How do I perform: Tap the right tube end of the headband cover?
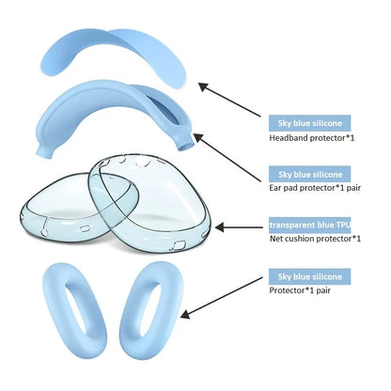tap(187, 143)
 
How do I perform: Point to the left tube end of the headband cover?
tap(44, 151)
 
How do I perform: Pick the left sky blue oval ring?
tap(54, 313)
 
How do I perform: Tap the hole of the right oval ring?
tap(150, 309)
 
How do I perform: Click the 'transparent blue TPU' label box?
tap(309, 225)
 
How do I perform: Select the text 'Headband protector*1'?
tap(312, 138)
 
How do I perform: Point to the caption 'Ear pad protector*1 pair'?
tap(315, 188)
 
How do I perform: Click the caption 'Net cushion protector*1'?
tap(315, 239)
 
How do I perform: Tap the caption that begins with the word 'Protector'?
tap(300, 290)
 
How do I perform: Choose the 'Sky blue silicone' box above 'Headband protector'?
tap(309, 123)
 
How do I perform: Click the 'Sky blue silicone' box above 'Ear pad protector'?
tap(309, 174)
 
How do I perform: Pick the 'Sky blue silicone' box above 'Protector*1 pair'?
tap(309, 276)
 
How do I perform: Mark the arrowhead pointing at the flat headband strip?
tap(204, 86)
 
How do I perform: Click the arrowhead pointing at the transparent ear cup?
tap(219, 227)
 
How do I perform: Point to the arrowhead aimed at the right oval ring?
tap(185, 314)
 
